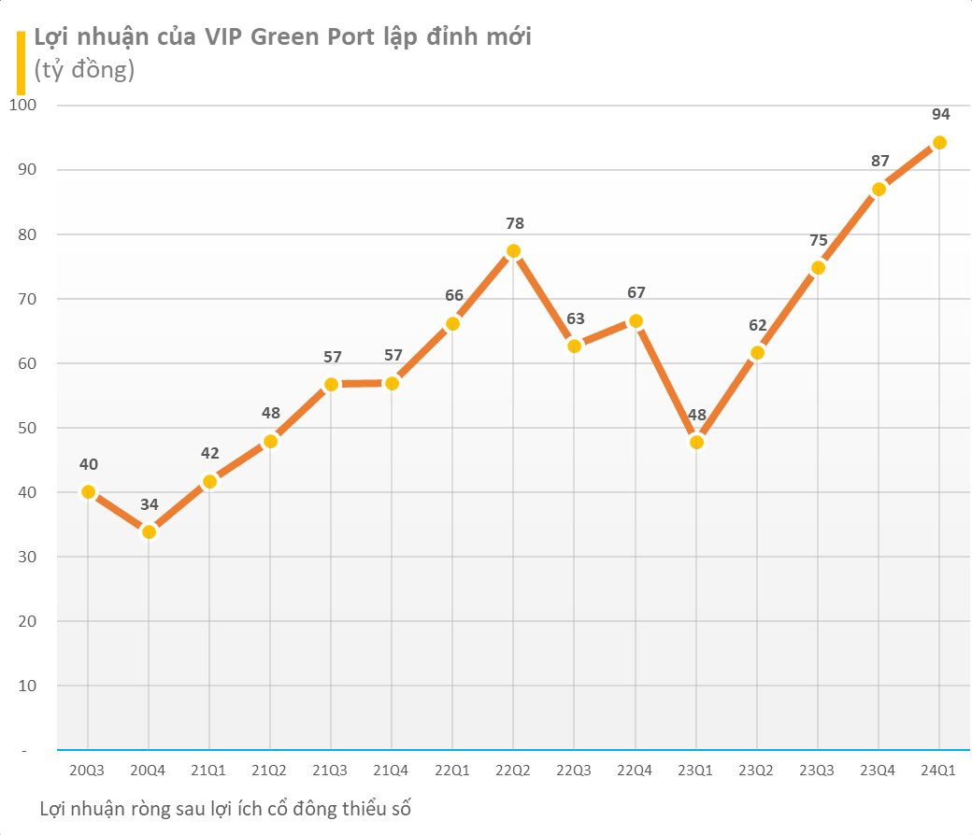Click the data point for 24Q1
coord(939,143)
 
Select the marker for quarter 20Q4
coord(149,532)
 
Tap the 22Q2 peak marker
coord(513,251)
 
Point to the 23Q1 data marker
coord(696,443)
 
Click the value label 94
coord(940,114)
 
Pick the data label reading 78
coord(515,223)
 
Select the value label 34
coord(149,504)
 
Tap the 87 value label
coord(879,161)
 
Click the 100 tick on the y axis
coord(23,105)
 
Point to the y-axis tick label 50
coord(27,428)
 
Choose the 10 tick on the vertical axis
coord(27,686)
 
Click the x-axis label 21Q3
coord(330,770)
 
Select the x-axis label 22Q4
coord(635,770)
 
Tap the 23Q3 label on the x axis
coord(817,770)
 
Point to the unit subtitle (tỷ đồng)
coord(84,69)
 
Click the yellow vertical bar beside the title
coord(21,63)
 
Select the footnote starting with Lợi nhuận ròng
coord(225,808)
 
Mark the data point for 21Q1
coord(209,481)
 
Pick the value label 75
coord(819,240)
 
